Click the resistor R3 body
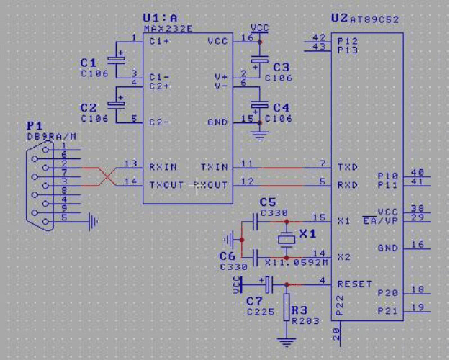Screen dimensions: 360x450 tap(286, 308)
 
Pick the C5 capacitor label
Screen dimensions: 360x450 tap(267, 202)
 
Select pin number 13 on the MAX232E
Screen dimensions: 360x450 tap(130, 163)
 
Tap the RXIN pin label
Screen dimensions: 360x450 tap(163, 167)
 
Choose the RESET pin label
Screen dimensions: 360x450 tap(354, 284)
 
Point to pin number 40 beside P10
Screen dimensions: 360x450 tap(417, 173)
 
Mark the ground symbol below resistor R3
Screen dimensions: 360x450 tap(286, 341)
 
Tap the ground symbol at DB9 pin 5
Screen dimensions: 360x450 tap(92, 224)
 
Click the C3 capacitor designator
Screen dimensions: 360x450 tap(281, 67)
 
